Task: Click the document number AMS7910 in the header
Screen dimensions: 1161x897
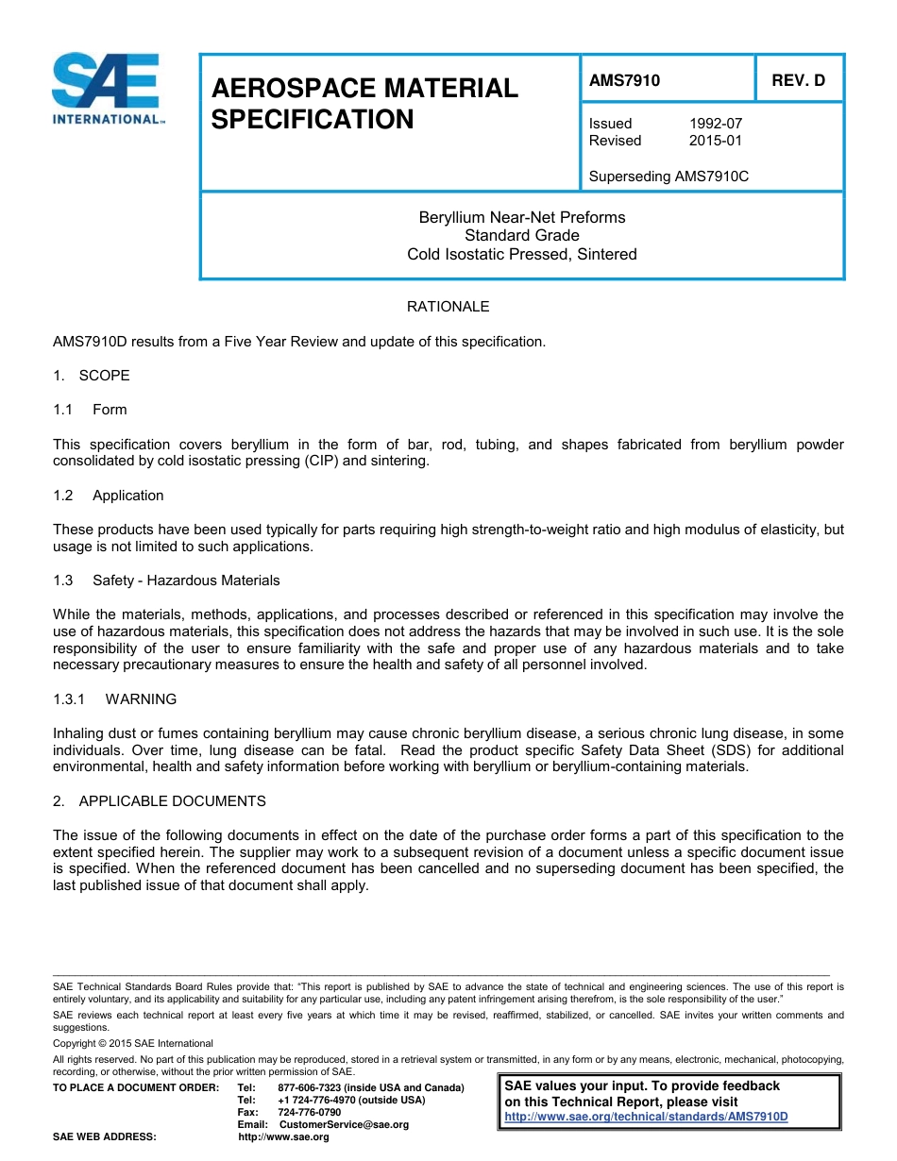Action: click(624, 80)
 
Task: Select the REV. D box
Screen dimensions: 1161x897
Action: click(798, 80)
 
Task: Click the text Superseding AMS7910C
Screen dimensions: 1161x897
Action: click(669, 176)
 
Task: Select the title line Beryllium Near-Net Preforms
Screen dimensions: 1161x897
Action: click(521, 217)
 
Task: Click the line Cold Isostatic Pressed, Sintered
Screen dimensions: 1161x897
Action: click(521, 254)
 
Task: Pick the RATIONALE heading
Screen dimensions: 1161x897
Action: click(448, 307)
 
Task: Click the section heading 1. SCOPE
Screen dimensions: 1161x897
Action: click(92, 376)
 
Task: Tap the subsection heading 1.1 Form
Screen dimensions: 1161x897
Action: click(91, 410)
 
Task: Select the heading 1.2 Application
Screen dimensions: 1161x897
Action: click(109, 496)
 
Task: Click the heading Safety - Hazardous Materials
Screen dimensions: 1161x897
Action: click(186, 580)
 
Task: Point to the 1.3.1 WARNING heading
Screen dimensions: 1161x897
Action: click(115, 699)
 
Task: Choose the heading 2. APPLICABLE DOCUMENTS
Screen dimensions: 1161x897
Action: click(160, 801)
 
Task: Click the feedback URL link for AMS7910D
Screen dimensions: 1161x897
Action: click(646, 1117)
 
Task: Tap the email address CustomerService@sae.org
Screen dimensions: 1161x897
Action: click(338, 1124)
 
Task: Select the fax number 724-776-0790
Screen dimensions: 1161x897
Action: click(310, 1112)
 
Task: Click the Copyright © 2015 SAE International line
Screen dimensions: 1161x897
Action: click(133, 1043)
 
